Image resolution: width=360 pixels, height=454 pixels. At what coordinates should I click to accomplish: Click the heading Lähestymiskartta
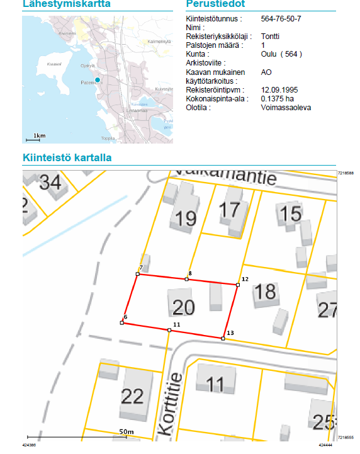click(x=66, y=4)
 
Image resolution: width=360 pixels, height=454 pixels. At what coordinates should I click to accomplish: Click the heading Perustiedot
click(x=216, y=4)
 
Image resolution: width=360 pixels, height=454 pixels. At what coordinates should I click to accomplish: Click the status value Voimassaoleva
click(x=286, y=108)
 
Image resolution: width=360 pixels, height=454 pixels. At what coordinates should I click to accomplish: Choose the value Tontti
click(x=270, y=37)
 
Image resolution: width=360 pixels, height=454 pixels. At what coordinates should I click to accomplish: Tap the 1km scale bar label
click(x=39, y=135)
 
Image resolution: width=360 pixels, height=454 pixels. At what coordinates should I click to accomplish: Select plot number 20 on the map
click(x=183, y=307)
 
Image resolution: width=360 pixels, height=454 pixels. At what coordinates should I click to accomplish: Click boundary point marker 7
click(x=138, y=274)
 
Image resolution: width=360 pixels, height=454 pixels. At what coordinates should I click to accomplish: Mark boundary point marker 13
click(x=223, y=339)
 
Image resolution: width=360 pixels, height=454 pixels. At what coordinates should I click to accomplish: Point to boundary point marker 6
click(x=121, y=322)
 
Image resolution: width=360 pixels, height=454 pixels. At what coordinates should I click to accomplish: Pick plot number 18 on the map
click(x=266, y=292)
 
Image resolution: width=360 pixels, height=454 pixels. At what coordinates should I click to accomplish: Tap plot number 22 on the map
click(x=132, y=395)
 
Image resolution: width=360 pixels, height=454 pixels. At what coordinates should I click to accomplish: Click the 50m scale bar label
click(x=127, y=431)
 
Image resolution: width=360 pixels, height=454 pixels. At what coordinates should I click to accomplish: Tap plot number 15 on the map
click(x=290, y=214)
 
